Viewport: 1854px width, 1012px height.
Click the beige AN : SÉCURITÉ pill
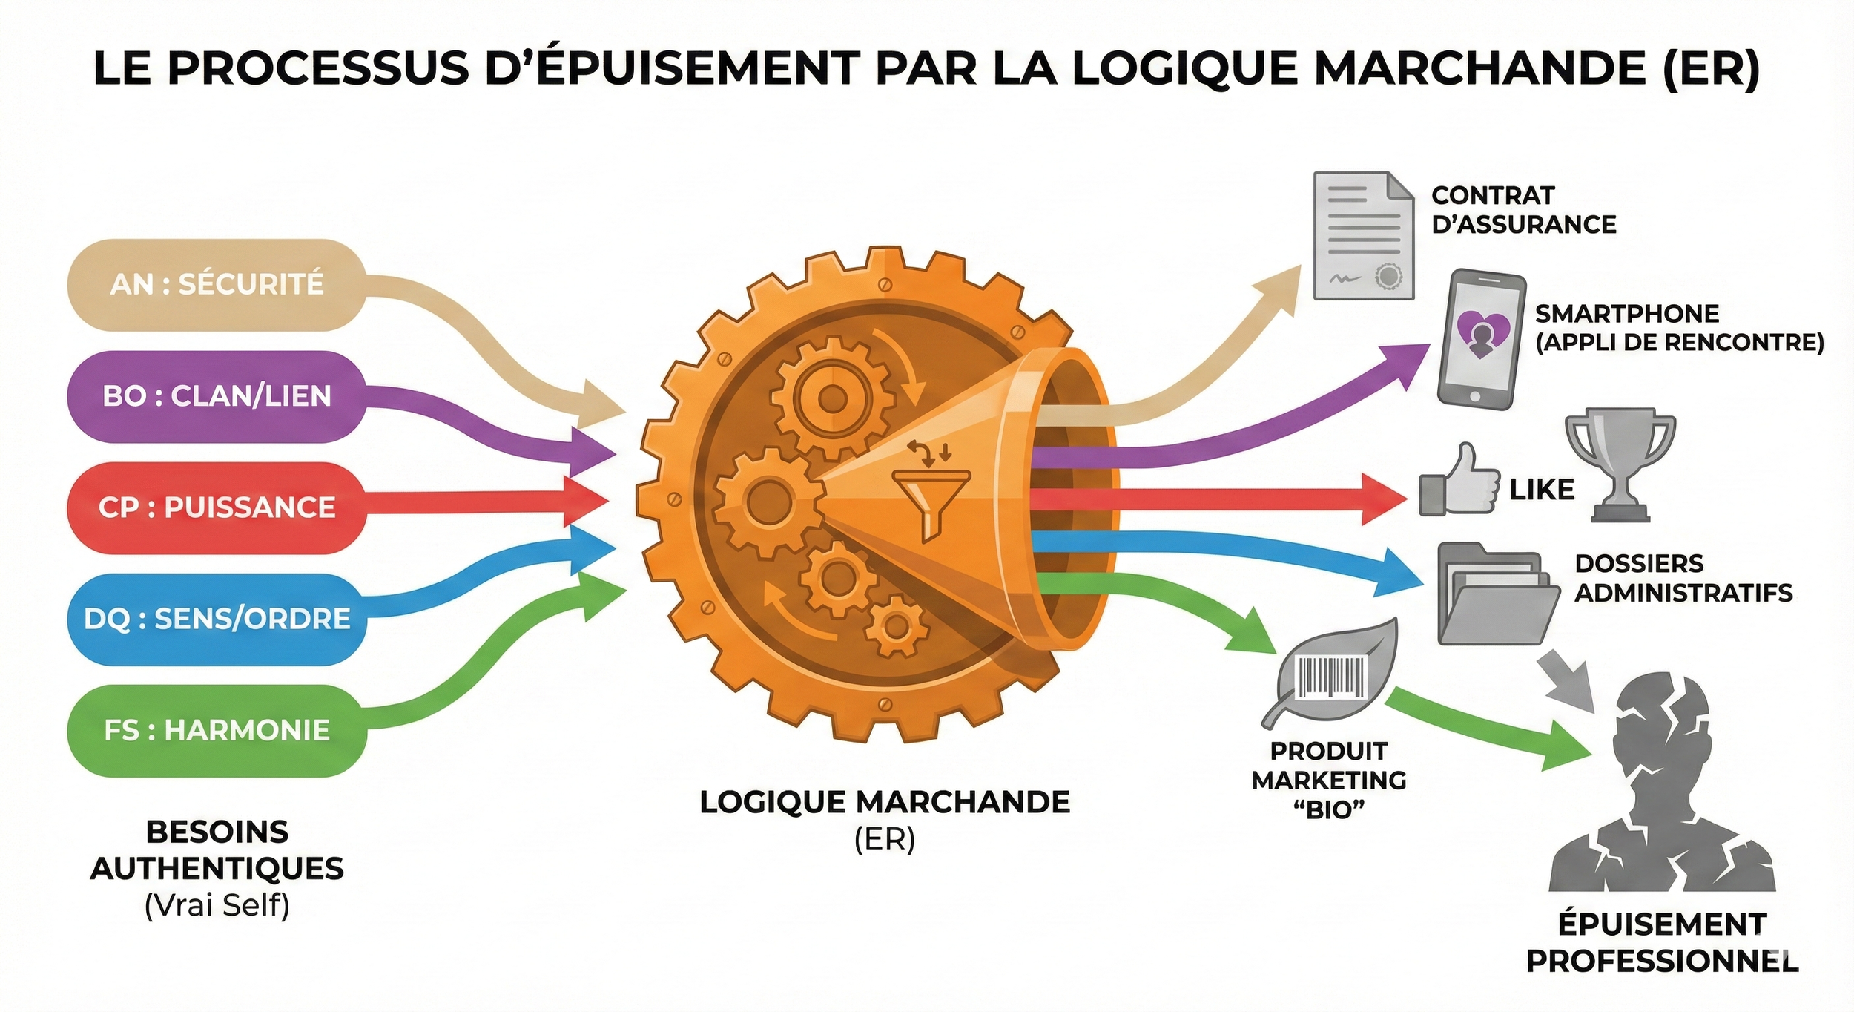click(x=217, y=284)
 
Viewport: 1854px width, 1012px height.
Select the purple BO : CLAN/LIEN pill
click(x=217, y=396)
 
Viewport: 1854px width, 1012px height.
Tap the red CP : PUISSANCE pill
click(x=217, y=507)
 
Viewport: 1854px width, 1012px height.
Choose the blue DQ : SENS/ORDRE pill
click(x=217, y=619)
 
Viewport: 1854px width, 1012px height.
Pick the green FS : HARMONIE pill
click(x=217, y=731)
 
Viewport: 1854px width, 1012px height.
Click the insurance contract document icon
click(x=1363, y=236)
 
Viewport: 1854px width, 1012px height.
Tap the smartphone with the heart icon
click(x=1481, y=339)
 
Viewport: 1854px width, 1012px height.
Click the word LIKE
click(x=1542, y=490)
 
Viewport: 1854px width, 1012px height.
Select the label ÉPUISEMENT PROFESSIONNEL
click(x=1662, y=943)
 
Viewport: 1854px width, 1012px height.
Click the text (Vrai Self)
click(x=217, y=906)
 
